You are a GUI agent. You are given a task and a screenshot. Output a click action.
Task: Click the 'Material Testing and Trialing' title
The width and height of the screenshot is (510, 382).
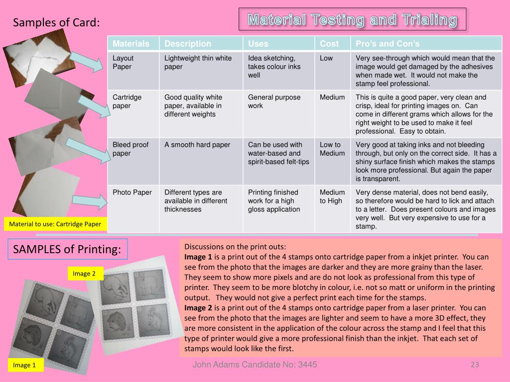(352, 19)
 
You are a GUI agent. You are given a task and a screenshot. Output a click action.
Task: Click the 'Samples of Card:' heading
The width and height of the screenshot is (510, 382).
(56, 22)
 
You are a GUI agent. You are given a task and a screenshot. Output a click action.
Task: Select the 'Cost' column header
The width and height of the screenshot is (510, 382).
(329, 44)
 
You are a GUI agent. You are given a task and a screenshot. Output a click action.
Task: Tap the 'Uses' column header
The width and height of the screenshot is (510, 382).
(258, 44)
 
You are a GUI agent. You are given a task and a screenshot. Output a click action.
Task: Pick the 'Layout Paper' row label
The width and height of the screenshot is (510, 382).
(123, 62)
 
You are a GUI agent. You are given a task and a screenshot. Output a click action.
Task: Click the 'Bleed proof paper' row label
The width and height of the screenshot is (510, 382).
(130, 149)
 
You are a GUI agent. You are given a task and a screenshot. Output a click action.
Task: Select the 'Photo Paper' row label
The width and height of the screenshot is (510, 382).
(132, 192)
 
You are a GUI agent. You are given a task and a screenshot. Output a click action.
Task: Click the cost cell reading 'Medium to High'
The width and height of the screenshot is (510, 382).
(332, 196)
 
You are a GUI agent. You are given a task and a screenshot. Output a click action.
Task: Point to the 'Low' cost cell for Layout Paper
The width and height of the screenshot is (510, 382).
(326, 58)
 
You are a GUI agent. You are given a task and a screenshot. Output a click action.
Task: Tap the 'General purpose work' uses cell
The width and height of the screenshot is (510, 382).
(274, 101)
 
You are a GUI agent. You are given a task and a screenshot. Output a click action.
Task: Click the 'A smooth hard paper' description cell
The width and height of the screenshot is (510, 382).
(197, 145)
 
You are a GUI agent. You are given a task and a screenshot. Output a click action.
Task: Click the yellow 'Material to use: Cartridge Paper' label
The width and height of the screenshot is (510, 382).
(55, 224)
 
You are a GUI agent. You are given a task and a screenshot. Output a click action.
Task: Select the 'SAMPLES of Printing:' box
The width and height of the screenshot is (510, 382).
(67, 249)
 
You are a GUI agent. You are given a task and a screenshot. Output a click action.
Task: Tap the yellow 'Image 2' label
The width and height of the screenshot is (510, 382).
(85, 273)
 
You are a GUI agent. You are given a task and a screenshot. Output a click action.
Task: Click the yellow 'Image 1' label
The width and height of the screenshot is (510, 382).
(24, 365)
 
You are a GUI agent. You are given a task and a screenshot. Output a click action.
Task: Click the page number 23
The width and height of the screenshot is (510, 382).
(475, 365)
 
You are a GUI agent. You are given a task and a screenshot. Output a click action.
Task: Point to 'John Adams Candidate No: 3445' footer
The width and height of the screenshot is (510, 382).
(255, 365)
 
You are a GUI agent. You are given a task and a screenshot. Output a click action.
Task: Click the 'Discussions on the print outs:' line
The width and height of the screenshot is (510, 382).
(235, 247)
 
